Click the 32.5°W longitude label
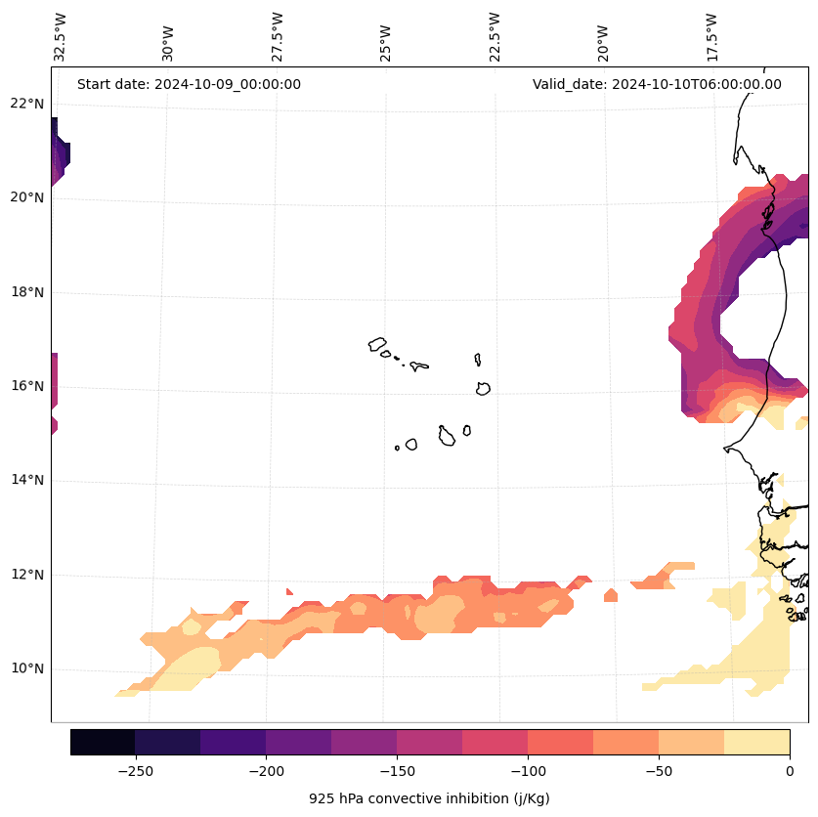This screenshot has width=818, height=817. click(61, 37)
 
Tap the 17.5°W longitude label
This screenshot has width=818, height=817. click(711, 37)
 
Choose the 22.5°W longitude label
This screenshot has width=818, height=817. click(495, 37)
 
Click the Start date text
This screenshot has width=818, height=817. click(189, 84)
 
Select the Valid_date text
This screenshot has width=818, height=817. click(657, 84)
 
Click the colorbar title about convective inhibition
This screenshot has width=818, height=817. click(429, 798)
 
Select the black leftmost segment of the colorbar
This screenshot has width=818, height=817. click(103, 742)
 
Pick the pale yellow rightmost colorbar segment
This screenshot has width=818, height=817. click(756, 742)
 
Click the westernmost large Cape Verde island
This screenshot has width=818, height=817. click(377, 344)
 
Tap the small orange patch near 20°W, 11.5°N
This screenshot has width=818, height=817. click(611, 595)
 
